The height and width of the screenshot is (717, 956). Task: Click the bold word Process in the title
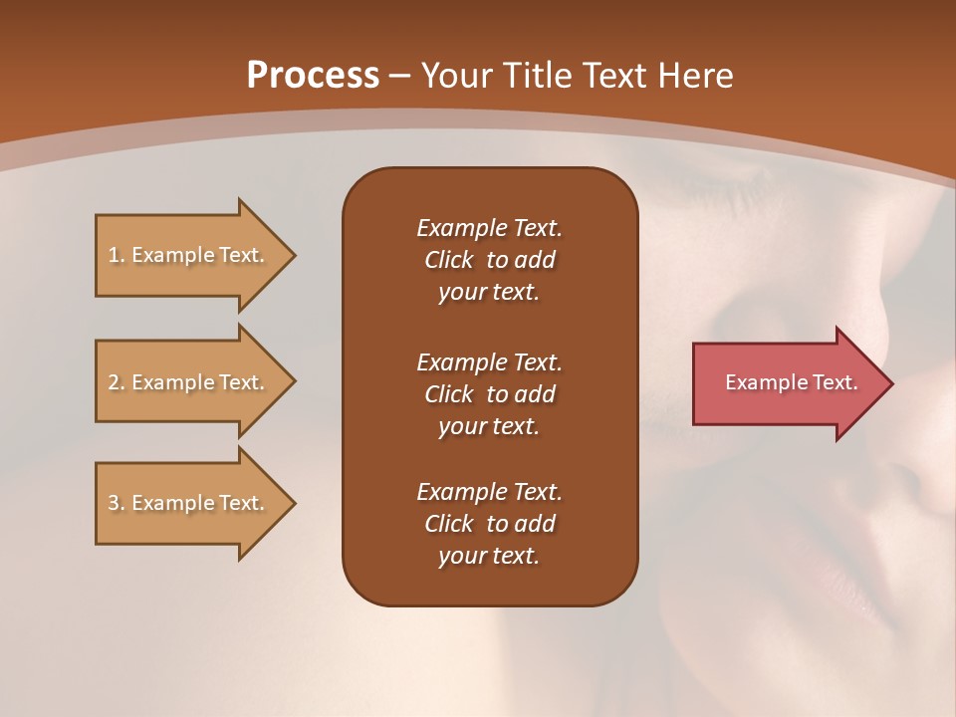[313, 76]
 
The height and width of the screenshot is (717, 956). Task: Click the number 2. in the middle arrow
[117, 382]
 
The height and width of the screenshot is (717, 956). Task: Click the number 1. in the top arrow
[117, 255]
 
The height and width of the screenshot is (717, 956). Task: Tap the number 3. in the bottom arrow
[117, 503]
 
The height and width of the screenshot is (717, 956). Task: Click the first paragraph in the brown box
[489, 260]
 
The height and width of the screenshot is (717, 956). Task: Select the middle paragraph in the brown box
[489, 394]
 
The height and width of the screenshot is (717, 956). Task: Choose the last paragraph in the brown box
[489, 524]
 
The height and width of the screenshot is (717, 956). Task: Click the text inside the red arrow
[791, 382]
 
